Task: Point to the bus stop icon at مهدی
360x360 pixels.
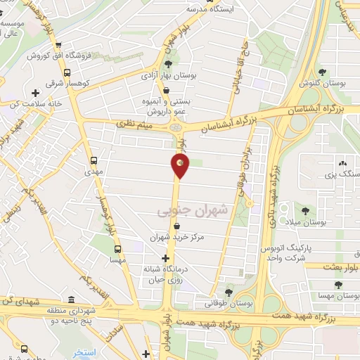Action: [x=94, y=160]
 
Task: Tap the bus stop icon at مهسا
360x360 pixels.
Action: [x=117, y=248]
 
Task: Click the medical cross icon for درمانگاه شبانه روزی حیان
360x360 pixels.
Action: [x=165, y=258]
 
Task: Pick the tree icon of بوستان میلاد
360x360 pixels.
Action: [x=305, y=210]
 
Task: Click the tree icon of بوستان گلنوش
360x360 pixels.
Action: [x=322, y=72]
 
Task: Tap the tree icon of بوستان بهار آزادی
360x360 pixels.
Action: [x=168, y=64]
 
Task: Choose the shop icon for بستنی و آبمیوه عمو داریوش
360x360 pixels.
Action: [x=165, y=90]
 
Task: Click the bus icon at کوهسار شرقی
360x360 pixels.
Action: [x=67, y=72]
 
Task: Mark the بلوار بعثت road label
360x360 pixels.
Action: [x=341, y=266]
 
